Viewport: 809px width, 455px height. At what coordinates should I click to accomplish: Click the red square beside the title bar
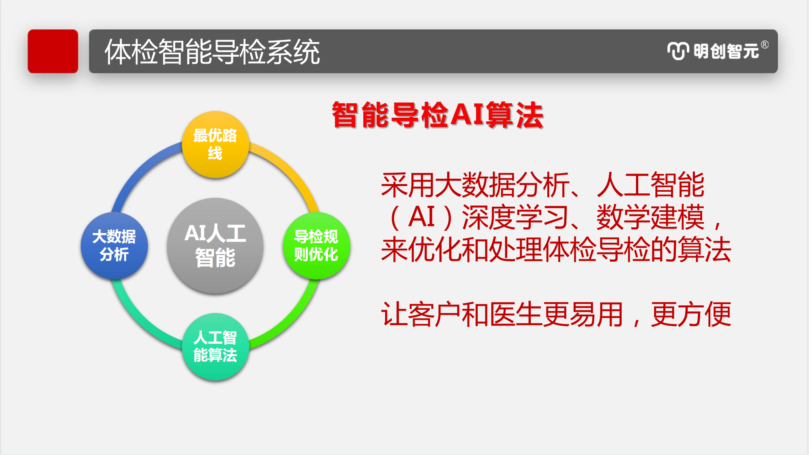pos(53,51)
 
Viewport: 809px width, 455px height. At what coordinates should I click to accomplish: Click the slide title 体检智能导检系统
pos(212,52)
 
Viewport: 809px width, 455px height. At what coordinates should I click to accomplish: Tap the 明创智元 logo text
pos(726,51)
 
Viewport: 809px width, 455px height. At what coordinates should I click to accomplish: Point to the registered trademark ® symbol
pos(765,44)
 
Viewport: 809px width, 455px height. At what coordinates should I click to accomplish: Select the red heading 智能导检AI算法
pos(437,115)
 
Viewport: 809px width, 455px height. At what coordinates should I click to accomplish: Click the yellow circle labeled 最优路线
pos(215,144)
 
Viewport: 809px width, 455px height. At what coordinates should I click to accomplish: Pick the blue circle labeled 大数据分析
pos(114,245)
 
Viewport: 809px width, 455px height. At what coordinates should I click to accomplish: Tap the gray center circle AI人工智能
pos(215,245)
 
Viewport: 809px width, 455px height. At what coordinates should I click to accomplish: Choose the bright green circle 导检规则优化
pos(316,245)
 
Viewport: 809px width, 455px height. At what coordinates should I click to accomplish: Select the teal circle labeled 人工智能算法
pos(215,347)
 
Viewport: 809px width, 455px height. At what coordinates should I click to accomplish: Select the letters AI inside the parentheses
pos(421,217)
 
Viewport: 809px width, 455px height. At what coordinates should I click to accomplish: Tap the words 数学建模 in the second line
pos(650,217)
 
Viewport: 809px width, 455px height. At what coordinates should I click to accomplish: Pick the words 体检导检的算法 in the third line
pos(637,250)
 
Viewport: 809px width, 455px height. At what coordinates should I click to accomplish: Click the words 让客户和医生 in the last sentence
pos(461,314)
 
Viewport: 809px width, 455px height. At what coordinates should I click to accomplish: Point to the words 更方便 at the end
pos(691,314)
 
